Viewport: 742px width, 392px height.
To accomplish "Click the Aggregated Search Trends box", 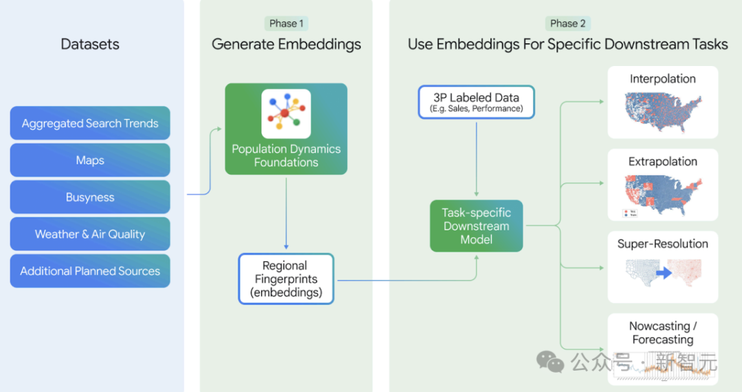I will (x=90, y=124).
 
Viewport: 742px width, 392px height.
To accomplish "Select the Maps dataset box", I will (x=90, y=160).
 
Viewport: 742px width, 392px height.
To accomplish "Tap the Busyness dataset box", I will (x=90, y=197).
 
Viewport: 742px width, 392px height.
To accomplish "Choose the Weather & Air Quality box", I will (x=90, y=235).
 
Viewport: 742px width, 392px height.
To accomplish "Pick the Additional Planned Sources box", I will (x=90, y=271).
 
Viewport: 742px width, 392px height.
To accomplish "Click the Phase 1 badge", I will (x=286, y=23).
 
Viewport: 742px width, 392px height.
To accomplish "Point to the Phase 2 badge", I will (x=567, y=23).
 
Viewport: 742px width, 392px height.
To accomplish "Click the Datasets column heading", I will (x=90, y=45).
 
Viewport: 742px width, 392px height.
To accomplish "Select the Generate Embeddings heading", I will (x=286, y=45).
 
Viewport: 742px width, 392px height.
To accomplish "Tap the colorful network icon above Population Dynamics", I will (x=286, y=113).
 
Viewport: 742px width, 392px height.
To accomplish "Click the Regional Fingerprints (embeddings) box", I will (x=285, y=279).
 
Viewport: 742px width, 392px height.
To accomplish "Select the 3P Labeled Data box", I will (x=476, y=102).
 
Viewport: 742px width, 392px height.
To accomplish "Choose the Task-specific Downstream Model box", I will (x=476, y=226).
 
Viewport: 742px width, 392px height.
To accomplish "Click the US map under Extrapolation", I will (x=662, y=193).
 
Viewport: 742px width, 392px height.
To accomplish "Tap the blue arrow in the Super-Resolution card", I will (x=663, y=273).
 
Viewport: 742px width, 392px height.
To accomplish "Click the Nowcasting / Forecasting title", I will (x=663, y=333).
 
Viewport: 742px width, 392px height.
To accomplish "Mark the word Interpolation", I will (x=662, y=79).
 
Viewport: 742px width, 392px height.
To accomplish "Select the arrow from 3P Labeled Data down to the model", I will (x=476, y=158).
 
